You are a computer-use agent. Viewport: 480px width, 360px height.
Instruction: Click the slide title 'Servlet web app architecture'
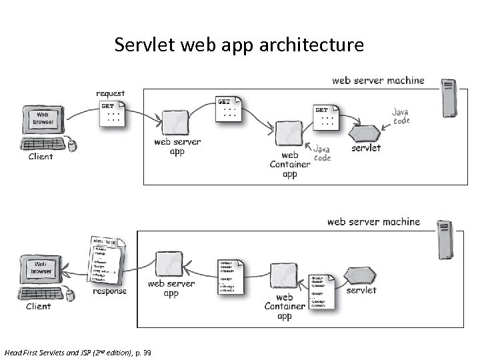(x=239, y=45)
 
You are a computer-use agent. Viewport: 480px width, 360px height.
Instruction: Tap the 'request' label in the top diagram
(x=110, y=93)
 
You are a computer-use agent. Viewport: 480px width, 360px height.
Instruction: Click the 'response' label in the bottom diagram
(x=109, y=291)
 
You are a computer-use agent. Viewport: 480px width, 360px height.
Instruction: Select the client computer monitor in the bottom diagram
(x=41, y=269)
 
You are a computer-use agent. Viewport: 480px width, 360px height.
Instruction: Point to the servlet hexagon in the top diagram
(x=366, y=131)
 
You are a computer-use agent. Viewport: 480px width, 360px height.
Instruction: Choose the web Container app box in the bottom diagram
(x=284, y=276)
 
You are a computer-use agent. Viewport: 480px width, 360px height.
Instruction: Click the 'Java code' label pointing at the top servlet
(x=401, y=117)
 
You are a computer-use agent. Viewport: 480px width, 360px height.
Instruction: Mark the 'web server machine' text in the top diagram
(x=378, y=81)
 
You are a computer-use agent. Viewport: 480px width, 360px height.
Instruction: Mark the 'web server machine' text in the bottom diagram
(x=373, y=221)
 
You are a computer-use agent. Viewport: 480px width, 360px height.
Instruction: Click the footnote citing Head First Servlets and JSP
(x=77, y=351)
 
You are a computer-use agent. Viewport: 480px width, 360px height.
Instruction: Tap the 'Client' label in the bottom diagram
(x=38, y=307)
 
